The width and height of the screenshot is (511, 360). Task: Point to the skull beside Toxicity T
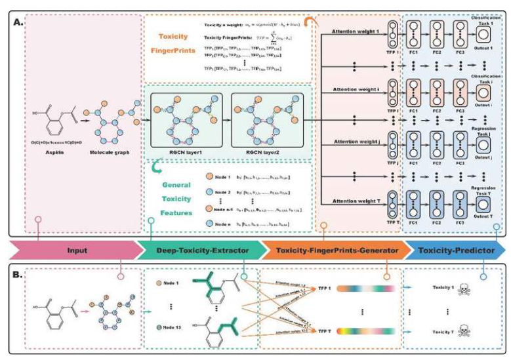coord(482,331)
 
